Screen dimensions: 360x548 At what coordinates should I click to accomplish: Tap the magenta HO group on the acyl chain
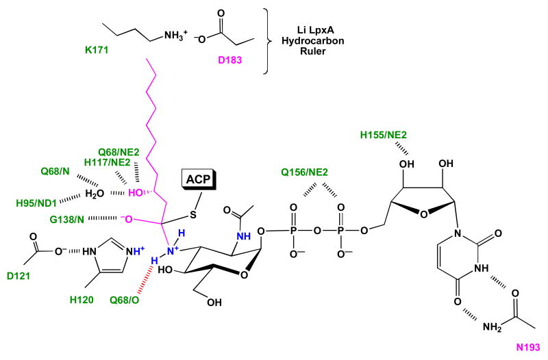click(x=138, y=191)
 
